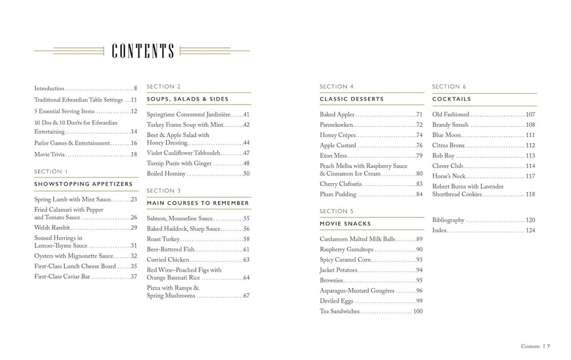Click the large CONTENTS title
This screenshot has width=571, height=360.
point(143,51)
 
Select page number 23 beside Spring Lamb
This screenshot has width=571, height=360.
point(134,199)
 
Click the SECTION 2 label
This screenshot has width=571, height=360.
point(164,87)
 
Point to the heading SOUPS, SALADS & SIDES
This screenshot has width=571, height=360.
point(187,99)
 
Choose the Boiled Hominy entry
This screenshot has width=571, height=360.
point(166,174)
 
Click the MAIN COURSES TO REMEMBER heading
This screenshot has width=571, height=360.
point(198,203)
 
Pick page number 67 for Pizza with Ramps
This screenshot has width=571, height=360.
point(246,296)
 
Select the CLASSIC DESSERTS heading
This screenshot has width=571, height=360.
point(352,99)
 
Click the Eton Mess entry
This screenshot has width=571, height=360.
point(333,155)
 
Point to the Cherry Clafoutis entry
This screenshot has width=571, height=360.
point(341,184)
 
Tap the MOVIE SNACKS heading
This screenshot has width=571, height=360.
point(345,223)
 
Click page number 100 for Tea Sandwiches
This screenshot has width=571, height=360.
point(417,311)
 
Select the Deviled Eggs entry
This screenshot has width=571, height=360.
point(337,301)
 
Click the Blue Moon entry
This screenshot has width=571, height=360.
point(447,135)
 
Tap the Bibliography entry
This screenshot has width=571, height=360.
point(448,220)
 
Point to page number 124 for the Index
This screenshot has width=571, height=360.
point(530,230)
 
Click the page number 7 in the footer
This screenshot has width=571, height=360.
point(548,346)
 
